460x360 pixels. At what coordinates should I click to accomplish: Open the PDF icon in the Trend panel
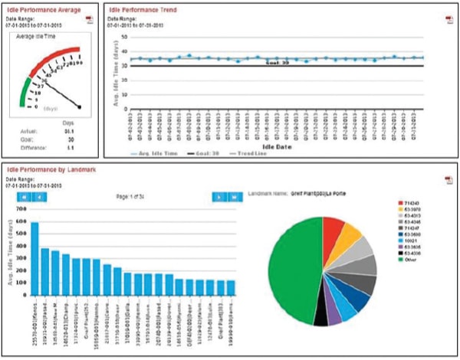(x=447, y=18)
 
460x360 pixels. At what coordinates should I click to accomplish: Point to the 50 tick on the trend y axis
(x=124, y=36)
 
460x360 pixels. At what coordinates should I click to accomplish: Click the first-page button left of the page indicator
(x=23, y=197)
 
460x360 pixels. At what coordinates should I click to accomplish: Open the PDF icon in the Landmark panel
(x=447, y=178)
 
